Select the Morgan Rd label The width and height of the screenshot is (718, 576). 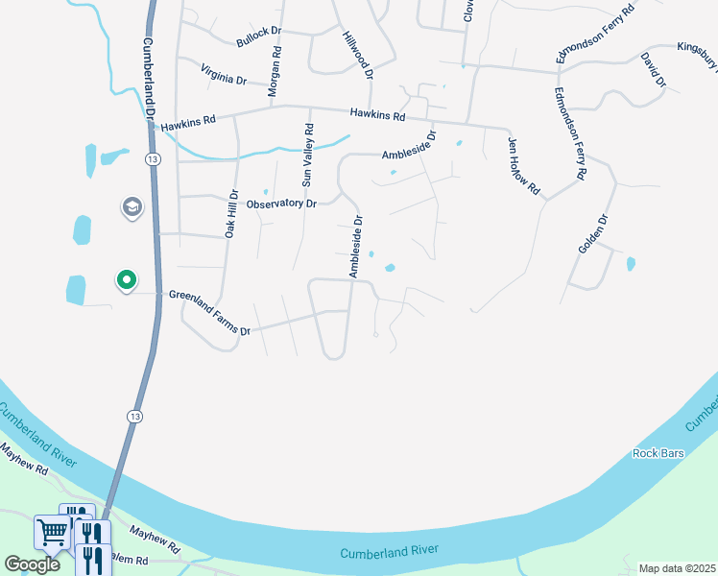pyautogui.click(x=275, y=70)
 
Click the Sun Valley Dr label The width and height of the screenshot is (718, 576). pyautogui.click(x=308, y=155)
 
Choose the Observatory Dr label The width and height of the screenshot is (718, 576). pyautogui.click(x=281, y=204)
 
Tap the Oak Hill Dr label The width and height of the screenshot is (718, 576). pyautogui.click(x=230, y=213)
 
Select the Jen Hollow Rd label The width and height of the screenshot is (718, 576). pyautogui.click(x=523, y=165)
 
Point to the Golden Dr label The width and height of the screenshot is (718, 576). pyautogui.click(x=593, y=234)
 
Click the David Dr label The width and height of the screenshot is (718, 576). pyautogui.click(x=653, y=70)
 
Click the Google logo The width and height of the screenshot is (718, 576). pyautogui.click(x=32, y=564)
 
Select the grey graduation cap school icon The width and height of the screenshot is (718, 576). pyautogui.click(x=131, y=206)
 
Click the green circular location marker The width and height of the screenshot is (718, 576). pyautogui.click(x=126, y=280)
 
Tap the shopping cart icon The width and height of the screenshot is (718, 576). pyautogui.click(x=51, y=531)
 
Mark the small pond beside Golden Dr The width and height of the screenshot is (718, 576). pyautogui.click(x=631, y=263)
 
